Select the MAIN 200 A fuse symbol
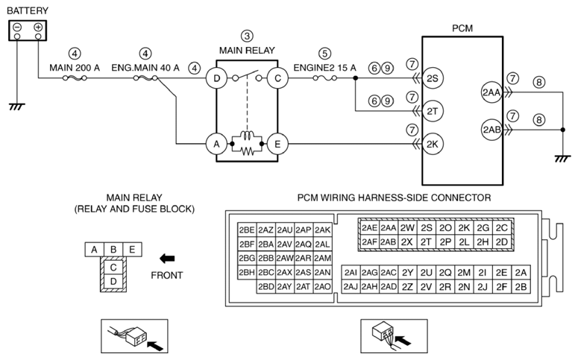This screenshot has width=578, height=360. click(x=75, y=78)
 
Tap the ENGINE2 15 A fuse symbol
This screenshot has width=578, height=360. click(x=324, y=78)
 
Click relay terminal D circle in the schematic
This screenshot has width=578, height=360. click(x=216, y=78)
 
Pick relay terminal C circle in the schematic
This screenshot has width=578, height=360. click(x=277, y=78)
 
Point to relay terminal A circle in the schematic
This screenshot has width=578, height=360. click(x=216, y=144)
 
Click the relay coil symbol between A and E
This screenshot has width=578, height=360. click(x=247, y=136)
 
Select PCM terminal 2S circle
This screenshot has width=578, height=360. click(x=433, y=78)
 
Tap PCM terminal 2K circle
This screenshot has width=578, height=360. click(x=433, y=144)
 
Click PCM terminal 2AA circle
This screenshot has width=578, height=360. click(x=491, y=92)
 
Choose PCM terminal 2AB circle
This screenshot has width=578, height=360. click(x=491, y=130)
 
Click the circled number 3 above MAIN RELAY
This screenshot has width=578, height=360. click(x=247, y=36)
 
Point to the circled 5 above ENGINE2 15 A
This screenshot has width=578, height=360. click(x=324, y=54)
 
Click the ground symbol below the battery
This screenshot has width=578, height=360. click(x=16, y=107)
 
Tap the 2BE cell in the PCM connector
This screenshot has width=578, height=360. click(x=247, y=230)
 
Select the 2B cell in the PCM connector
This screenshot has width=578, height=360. click(x=521, y=287)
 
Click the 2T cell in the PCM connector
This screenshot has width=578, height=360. click(x=426, y=242)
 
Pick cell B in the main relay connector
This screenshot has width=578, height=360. click(x=113, y=250)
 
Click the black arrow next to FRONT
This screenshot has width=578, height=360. click(x=167, y=259)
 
